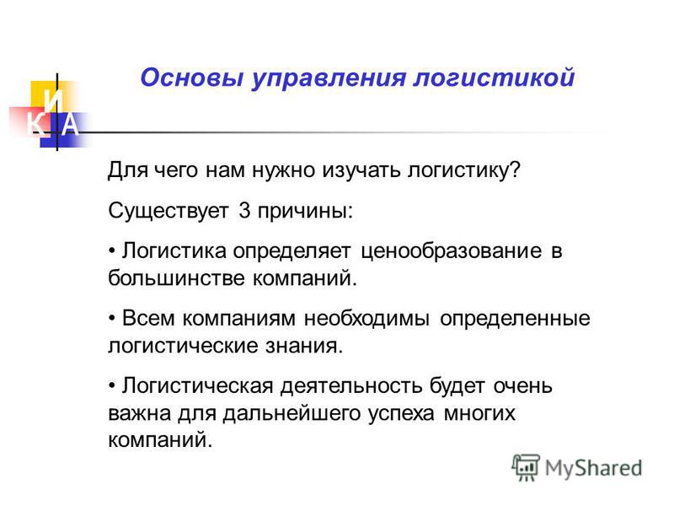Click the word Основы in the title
point(192,78)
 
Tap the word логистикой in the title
point(494,78)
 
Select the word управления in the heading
point(329,79)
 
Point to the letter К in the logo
point(36,124)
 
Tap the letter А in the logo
point(70,124)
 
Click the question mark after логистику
point(515,170)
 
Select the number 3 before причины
point(244,210)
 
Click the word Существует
point(168,212)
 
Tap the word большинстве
point(176,277)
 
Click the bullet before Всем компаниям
point(112,319)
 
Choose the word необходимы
point(366,319)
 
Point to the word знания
point(304,346)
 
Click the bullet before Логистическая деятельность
point(112,386)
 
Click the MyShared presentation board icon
point(526,467)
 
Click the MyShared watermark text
point(594,468)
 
